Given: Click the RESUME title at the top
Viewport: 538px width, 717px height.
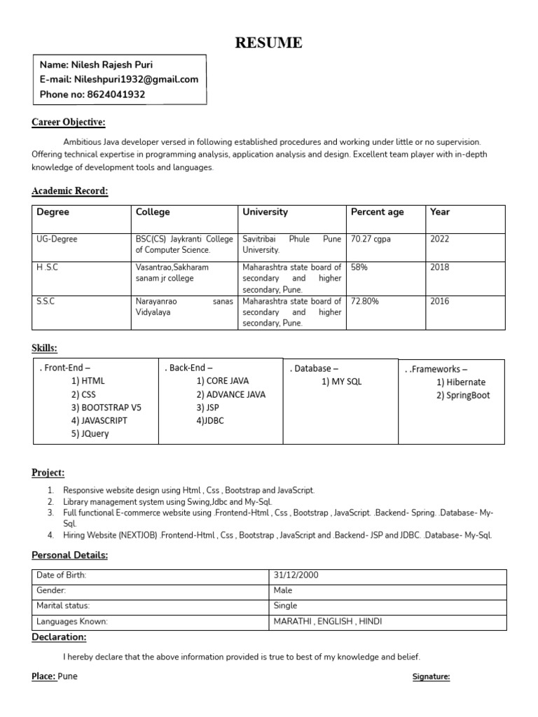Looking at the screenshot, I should point(269,43).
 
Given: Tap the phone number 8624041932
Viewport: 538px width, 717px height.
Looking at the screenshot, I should point(113,94).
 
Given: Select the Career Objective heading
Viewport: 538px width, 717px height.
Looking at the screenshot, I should point(69,123).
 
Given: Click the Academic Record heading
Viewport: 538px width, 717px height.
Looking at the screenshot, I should point(70,191).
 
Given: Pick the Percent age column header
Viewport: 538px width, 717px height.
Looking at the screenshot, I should point(377,212).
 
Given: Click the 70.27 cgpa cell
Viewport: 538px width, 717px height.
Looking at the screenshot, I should point(371,239).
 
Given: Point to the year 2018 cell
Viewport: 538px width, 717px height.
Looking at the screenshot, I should point(440,267).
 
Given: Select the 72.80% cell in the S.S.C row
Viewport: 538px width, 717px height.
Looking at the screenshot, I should point(365,302).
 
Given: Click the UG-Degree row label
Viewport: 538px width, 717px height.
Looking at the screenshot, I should point(57,239).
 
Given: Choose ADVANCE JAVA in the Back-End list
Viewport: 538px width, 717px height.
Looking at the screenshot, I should point(230,394).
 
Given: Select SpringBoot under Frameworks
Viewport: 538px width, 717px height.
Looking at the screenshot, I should point(463,395).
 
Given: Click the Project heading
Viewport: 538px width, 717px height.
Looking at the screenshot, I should point(48,473).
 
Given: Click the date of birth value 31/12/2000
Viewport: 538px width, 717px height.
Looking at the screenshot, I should point(296,576).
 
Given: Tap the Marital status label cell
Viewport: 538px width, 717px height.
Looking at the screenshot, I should point(63,606).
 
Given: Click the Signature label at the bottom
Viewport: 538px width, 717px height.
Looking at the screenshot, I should point(430,677).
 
